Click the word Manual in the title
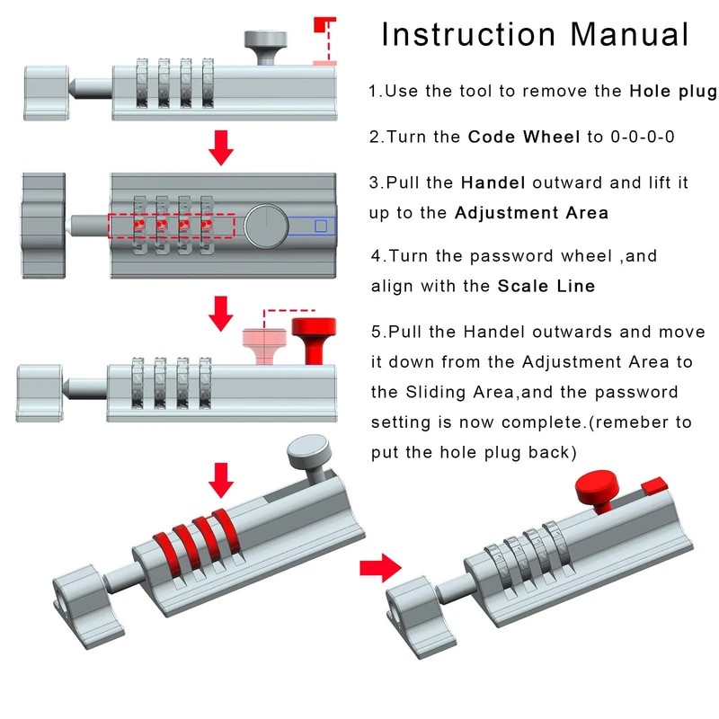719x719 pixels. pos(629,35)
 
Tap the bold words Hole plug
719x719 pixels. pos(672,91)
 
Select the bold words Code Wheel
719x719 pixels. pos(524,138)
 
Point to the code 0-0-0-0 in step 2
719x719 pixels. pos(643,138)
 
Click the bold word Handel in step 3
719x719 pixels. pos(493,182)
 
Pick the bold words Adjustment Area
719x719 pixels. pos(531,213)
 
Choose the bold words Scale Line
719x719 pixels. pos(546,287)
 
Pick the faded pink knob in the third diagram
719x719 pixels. pos(263,346)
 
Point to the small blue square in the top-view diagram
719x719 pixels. pos(321,226)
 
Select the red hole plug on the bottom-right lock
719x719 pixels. pos(654,485)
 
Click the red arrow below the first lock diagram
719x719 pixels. pos(220,146)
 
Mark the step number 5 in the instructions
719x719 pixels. pos(377,332)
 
